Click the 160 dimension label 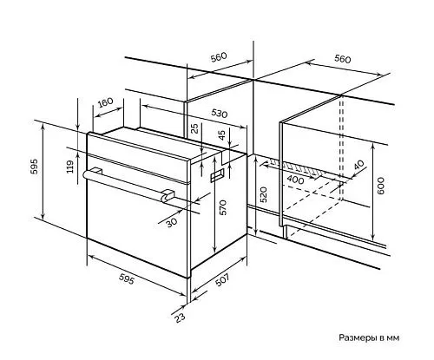105,102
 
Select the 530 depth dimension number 219,114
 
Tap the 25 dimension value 195,128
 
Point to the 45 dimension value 221,135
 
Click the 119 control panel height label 70,167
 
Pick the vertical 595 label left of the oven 34,167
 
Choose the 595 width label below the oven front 127,279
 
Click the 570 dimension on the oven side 223,207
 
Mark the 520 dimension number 263,194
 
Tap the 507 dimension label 222,279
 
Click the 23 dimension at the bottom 180,317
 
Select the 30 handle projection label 172,223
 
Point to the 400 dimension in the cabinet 295,180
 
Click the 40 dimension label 358,165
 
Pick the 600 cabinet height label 381,186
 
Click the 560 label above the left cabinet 219,56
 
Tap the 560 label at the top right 343,59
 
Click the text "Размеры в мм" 369,337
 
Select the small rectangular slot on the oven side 217,175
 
